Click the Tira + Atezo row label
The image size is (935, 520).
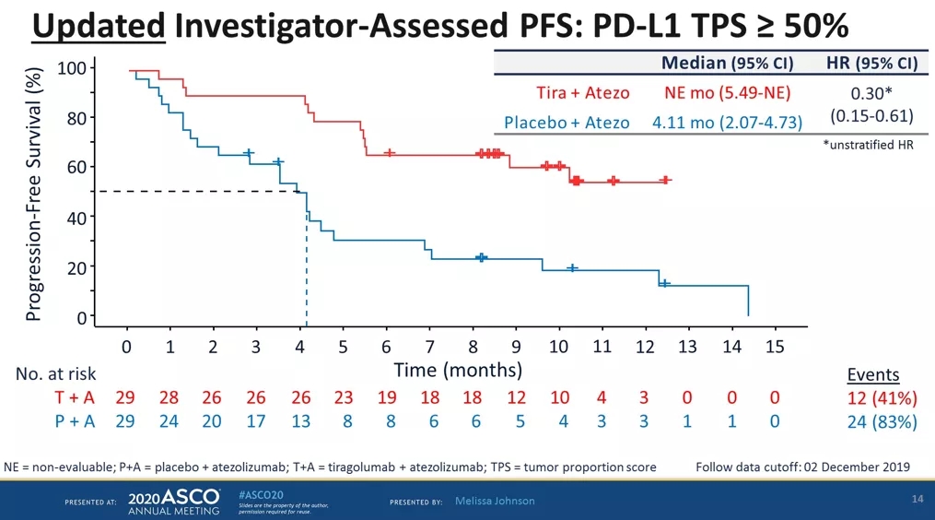click(x=583, y=92)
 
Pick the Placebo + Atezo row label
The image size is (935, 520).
click(x=567, y=123)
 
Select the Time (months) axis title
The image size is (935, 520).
click(x=457, y=371)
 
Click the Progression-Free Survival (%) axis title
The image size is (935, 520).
click(x=34, y=194)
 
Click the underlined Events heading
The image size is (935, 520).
click(x=871, y=374)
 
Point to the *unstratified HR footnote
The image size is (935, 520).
click(x=867, y=145)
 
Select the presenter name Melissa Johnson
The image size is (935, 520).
click(x=495, y=501)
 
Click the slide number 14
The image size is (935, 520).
click(x=916, y=499)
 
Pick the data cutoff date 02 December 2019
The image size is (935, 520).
click(x=847, y=467)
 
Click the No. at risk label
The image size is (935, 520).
click(x=56, y=374)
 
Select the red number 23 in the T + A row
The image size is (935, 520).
click(x=344, y=397)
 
